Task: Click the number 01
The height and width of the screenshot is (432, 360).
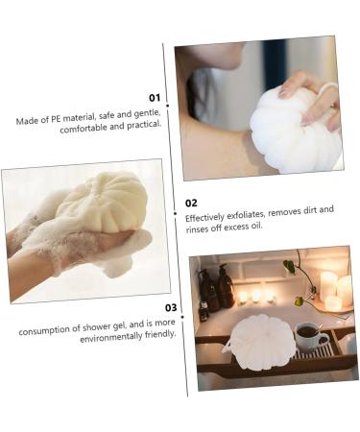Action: tap(155, 98)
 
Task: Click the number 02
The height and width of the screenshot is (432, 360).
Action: tap(192, 203)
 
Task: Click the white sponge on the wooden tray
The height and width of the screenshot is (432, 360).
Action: tap(259, 342)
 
